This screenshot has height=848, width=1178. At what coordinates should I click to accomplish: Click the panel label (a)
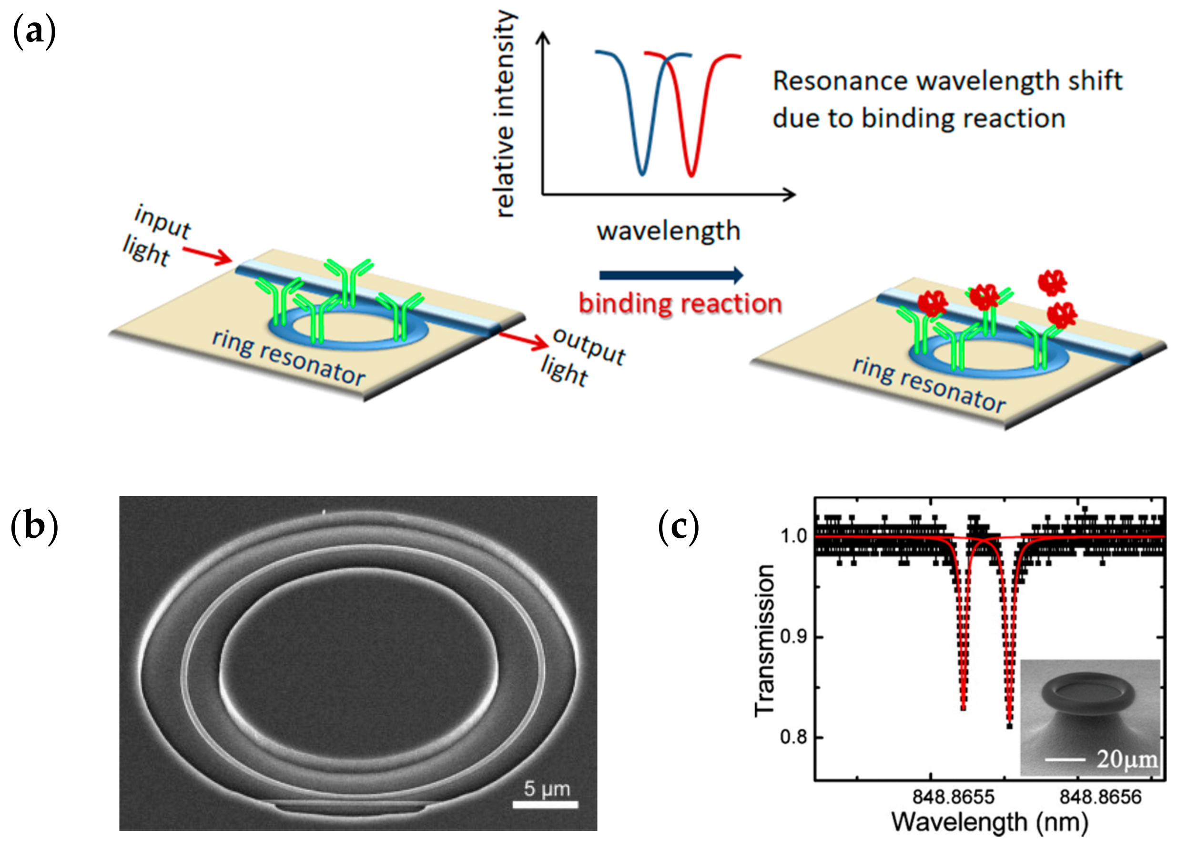pyautogui.click(x=34, y=32)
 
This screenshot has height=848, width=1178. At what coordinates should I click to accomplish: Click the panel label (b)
pyautogui.click(x=34, y=526)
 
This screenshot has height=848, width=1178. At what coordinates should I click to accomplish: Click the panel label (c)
pyautogui.click(x=678, y=526)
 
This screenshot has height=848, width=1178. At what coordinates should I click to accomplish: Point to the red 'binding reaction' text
pyautogui.click(x=680, y=303)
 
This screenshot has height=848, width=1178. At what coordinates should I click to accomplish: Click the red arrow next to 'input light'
pyautogui.click(x=207, y=255)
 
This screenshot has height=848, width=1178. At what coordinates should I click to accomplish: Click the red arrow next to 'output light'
pyautogui.click(x=524, y=341)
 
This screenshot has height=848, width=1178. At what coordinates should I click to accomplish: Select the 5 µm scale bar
pyautogui.click(x=545, y=804)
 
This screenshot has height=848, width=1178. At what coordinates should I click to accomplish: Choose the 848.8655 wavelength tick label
pyautogui.click(x=953, y=797)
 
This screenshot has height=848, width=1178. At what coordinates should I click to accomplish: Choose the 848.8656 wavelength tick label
pyautogui.click(x=1100, y=797)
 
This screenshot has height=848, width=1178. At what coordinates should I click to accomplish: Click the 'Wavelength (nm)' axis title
pyautogui.click(x=990, y=823)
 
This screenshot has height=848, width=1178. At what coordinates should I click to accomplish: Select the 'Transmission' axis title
pyautogui.click(x=764, y=641)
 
